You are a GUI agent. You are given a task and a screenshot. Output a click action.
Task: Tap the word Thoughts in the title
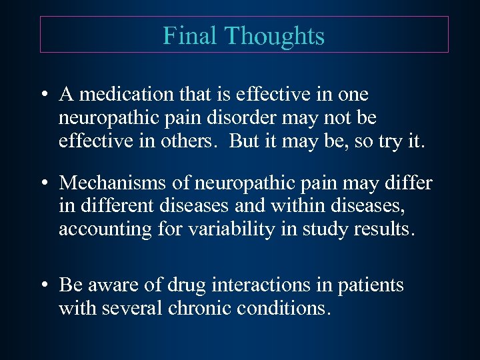pyautogui.click(x=276, y=35)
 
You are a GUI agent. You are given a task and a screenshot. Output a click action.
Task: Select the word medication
pyautogui.click(x=126, y=95)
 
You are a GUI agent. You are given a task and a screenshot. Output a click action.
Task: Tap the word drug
pyautogui.click(x=186, y=285)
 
